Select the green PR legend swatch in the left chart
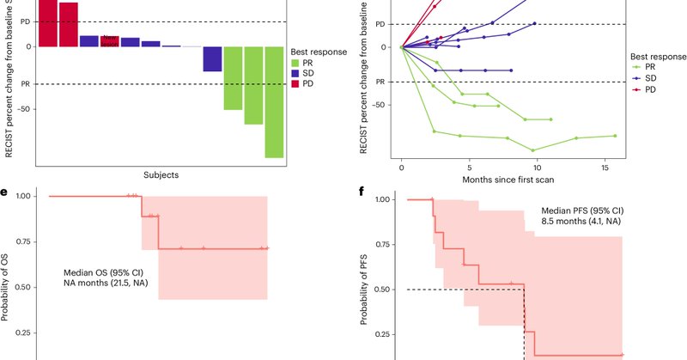296,64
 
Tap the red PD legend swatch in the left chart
296,88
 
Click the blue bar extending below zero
212,59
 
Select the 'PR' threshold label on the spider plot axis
379,82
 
